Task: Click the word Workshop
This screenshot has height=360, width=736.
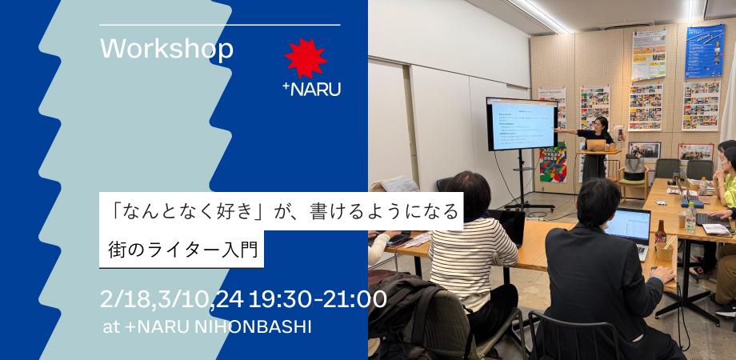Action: pos(166,49)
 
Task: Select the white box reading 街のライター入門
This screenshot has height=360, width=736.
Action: pos(184,249)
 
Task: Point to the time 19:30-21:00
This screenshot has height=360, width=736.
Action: pos(318,300)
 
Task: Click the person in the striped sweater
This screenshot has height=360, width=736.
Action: pos(472,240)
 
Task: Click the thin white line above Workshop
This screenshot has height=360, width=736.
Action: pos(220,26)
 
